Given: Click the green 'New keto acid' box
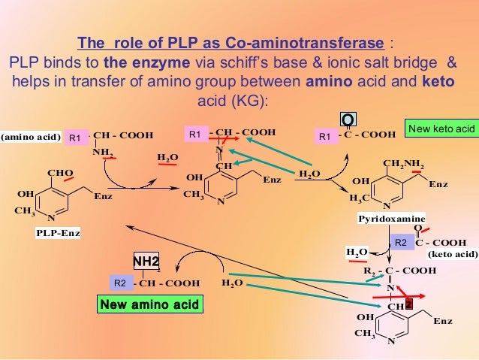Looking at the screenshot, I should tap(442, 129).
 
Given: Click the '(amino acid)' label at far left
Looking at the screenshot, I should tap(30, 136).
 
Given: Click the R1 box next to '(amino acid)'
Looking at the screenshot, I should tap(75, 138).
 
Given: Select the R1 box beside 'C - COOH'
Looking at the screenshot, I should tap(325, 136).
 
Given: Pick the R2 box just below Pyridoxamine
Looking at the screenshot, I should tap(400, 242).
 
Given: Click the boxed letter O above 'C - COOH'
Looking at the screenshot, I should tap(348, 120).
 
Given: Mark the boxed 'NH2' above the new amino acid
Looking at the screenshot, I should tap(146, 262).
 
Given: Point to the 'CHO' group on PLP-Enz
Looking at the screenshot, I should tap(60, 173).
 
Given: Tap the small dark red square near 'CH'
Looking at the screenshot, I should tap(408, 304).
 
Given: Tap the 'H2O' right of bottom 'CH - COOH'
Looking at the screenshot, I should tap(233, 284).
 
